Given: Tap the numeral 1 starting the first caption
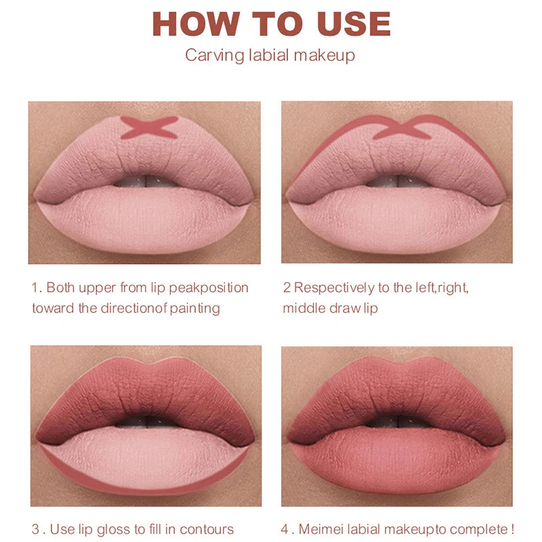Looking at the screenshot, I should [35, 287].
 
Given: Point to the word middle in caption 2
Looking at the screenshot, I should [302, 308].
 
